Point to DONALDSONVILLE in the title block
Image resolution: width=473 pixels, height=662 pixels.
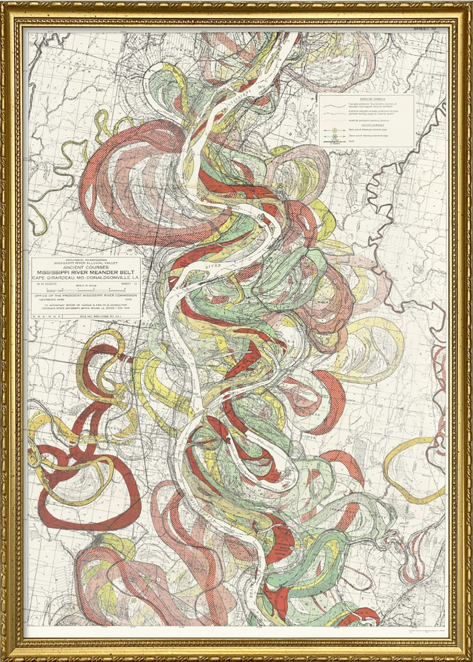[x=112, y=280]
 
